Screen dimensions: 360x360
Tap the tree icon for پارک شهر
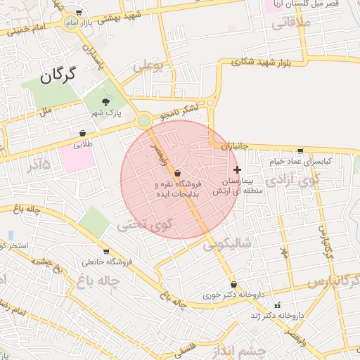[106, 103]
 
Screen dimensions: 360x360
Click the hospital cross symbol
[237, 169]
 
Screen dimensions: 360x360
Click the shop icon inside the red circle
[176, 173]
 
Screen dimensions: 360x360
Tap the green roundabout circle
[143, 121]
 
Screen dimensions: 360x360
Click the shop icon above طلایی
[83, 133]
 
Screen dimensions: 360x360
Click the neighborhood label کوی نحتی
[145, 225]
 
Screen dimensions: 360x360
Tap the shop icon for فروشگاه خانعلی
[106, 251]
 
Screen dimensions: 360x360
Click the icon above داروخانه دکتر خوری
[233, 285]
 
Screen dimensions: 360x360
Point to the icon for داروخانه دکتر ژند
[277, 306]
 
